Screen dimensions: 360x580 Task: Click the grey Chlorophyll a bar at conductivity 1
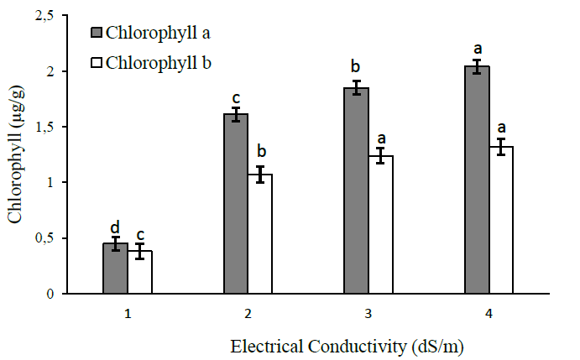(116, 269)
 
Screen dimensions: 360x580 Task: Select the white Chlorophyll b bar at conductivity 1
(140, 273)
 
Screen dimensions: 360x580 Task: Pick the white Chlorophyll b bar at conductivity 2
(260, 234)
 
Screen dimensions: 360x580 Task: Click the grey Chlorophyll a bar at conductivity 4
(478, 180)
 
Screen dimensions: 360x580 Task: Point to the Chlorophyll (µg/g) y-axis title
(16, 155)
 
